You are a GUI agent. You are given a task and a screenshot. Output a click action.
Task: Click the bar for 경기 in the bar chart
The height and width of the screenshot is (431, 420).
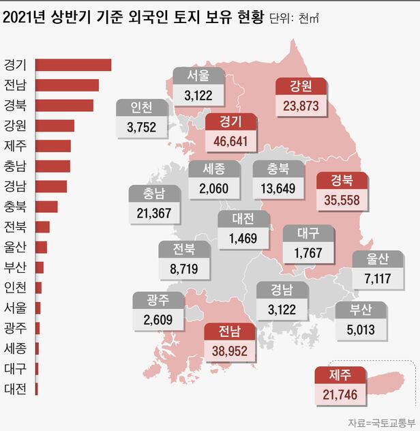click(x=72, y=65)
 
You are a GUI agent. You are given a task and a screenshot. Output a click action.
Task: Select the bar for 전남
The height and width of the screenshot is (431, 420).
click(x=67, y=85)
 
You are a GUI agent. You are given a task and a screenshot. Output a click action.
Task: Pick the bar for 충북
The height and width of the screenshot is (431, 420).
click(x=46, y=207)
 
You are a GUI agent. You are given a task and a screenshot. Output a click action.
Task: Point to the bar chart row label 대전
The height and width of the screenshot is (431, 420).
click(x=15, y=389)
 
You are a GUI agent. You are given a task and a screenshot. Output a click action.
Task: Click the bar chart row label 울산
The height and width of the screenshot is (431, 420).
click(x=15, y=247)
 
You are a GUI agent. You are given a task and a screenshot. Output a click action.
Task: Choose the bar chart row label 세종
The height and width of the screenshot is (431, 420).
click(x=15, y=348)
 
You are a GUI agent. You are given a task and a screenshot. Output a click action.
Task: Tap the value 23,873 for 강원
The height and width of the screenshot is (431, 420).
click(x=302, y=106)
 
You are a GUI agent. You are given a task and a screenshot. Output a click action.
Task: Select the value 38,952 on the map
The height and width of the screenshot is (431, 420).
click(x=229, y=351)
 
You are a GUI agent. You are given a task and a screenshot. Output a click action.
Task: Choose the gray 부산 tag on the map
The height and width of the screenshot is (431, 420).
click(x=361, y=310)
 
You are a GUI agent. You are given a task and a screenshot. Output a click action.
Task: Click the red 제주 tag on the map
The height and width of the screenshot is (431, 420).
click(x=340, y=375)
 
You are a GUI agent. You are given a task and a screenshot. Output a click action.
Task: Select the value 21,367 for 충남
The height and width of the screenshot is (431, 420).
click(x=155, y=213)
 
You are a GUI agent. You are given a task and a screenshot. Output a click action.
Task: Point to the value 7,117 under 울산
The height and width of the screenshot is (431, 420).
click(x=377, y=278)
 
